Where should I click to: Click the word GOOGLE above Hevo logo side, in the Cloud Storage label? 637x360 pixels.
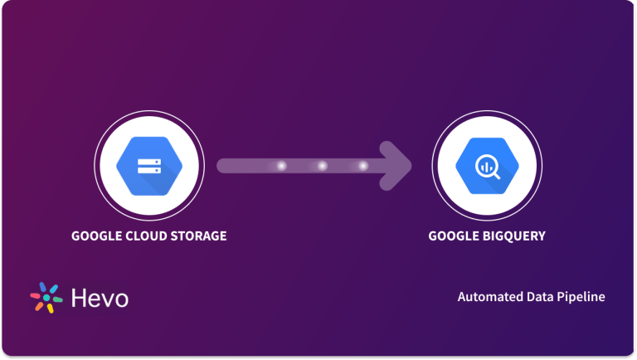[95, 236]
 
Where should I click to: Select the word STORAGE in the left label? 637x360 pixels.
[197, 236]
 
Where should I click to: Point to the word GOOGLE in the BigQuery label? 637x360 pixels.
[452, 236]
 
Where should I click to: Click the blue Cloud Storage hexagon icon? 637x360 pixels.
[149, 166]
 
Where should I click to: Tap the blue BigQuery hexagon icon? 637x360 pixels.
[487, 166]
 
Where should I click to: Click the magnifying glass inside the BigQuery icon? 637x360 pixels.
[488, 167]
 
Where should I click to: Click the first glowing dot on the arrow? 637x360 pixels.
[281, 166]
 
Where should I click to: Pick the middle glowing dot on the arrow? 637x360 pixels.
[322, 166]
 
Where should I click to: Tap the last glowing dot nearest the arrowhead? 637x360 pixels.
[362, 166]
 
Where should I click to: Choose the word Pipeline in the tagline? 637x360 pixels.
[581, 297]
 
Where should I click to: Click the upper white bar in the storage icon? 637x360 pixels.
[149, 159]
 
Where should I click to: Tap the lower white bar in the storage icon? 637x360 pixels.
[149, 172]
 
